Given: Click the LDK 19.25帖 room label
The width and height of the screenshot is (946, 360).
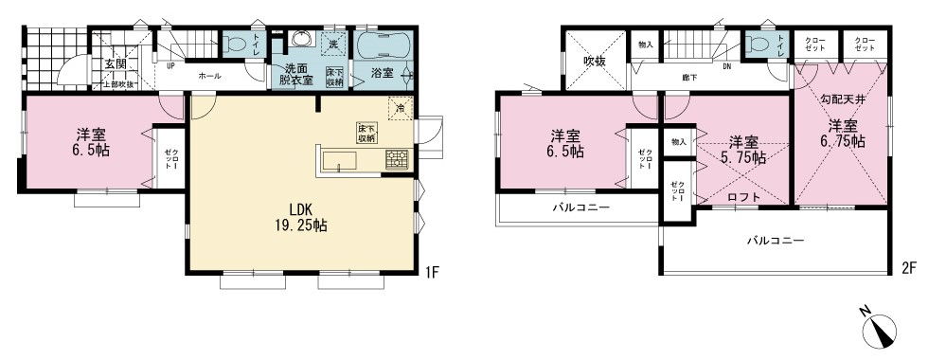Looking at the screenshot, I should point(302,218).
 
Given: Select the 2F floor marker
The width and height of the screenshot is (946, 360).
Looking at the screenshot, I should point(907,268).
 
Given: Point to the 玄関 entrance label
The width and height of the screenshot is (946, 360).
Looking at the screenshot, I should point(115,64).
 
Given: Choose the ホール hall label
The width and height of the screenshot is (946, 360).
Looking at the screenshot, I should point(210,76).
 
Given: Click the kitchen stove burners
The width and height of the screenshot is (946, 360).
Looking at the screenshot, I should point(397,160).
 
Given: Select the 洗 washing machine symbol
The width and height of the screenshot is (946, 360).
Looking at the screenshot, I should point(333,44).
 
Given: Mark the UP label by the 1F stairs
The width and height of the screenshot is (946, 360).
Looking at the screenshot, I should point(170,67).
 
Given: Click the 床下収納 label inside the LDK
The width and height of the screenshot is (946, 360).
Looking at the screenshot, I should point(366,133).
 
